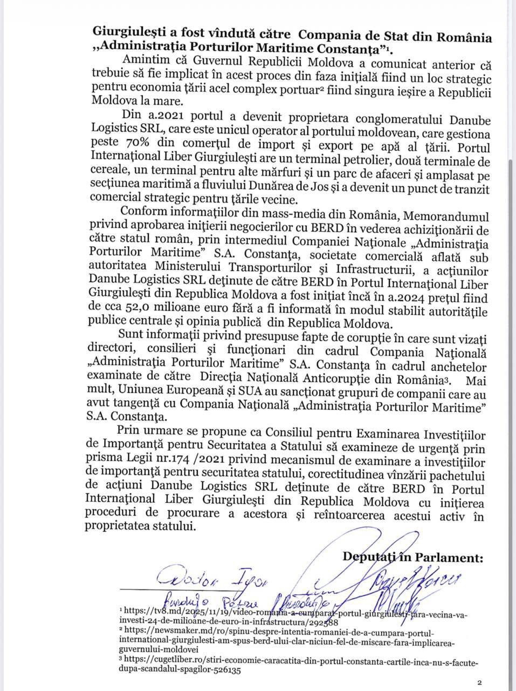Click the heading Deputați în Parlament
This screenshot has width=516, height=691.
coord(413,557)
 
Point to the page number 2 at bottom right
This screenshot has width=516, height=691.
coord(479,682)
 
